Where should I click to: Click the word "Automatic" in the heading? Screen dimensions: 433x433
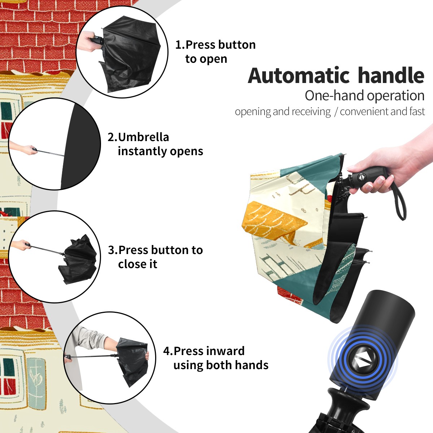[299, 75]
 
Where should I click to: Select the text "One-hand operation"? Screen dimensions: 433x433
[364, 96]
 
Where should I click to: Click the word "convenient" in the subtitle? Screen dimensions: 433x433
[364, 111]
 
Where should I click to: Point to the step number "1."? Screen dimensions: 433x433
[180, 45]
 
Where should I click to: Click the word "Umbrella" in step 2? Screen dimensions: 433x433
[143, 137]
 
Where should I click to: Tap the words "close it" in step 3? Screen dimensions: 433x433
[137, 264]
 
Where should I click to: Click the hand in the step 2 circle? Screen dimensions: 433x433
[25, 149]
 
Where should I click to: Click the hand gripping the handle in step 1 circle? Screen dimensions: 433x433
[89, 41]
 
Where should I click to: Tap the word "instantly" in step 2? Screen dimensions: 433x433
[142, 152]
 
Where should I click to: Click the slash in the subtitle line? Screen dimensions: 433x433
[336, 111]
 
